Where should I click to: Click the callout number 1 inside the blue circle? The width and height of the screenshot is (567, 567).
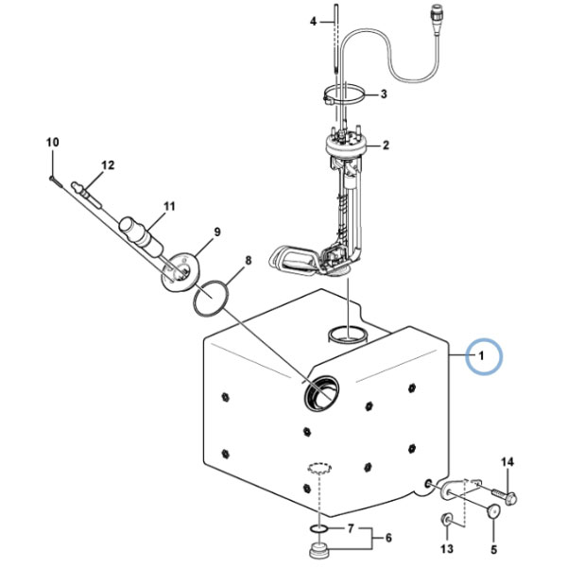(x=481, y=356)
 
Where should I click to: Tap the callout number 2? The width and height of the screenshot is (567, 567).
(x=387, y=146)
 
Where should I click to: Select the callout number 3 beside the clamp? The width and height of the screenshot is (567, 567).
(x=384, y=94)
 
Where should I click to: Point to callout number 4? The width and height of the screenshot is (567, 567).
(x=313, y=22)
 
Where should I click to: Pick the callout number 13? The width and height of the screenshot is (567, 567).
(x=447, y=548)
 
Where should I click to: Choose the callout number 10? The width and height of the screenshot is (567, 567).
(x=52, y=142)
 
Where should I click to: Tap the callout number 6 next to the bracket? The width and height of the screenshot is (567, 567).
(x=388, y=538)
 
